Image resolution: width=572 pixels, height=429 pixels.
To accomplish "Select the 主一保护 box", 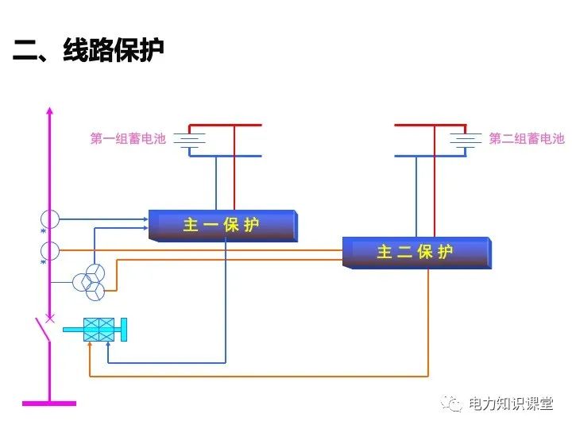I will point(222,225).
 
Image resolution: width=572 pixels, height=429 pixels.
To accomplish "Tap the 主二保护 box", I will point(415,252).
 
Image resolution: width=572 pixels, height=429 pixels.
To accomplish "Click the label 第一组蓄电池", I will point(128,139).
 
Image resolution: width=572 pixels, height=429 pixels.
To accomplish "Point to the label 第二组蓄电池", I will point(526,139).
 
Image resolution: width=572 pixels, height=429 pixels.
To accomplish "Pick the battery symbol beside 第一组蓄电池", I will point(189,140).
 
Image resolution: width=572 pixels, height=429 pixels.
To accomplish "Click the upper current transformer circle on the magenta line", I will point(49,218).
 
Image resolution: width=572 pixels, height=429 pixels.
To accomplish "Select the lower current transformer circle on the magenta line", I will point(49,250).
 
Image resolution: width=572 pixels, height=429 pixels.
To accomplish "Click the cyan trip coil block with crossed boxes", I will point(100,329).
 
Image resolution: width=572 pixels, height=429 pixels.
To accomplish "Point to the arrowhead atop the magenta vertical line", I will point(49,110).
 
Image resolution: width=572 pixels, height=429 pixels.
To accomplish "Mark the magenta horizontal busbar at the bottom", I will point(49,404).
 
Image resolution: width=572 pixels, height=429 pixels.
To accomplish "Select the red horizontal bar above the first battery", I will point(225,126).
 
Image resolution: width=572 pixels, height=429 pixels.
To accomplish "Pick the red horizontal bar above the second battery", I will point(430,126).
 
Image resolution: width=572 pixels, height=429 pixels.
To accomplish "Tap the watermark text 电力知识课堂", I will point(510,404).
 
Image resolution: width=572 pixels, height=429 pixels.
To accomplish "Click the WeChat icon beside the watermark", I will point(454,404).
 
